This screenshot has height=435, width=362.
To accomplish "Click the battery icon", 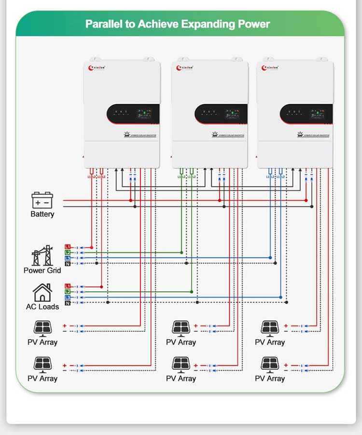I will tap(42, 200).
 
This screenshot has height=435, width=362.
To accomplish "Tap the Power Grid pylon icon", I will tap(42, 256).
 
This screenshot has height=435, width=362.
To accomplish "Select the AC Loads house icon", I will tap(42, 292).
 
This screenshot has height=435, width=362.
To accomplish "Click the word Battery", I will tap(42, 214).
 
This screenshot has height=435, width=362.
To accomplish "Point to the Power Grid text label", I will tap(42, 271).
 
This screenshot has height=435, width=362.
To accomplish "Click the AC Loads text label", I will tap(42, 307).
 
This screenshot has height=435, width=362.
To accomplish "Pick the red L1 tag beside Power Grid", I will tap(68, 247).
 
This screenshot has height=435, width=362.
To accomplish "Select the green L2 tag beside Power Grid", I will tap(68, 253).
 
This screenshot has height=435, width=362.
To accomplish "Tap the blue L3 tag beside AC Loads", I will tap(68, 297).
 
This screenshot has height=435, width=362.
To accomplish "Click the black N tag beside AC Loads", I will tap(68, 303).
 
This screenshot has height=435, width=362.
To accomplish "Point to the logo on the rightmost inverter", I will tap(271, 68).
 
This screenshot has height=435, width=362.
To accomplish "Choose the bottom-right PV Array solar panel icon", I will tap(270, 364).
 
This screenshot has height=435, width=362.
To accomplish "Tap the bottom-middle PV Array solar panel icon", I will tap(181, 364).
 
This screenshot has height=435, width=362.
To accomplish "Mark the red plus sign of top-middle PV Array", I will tap(195, 326).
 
